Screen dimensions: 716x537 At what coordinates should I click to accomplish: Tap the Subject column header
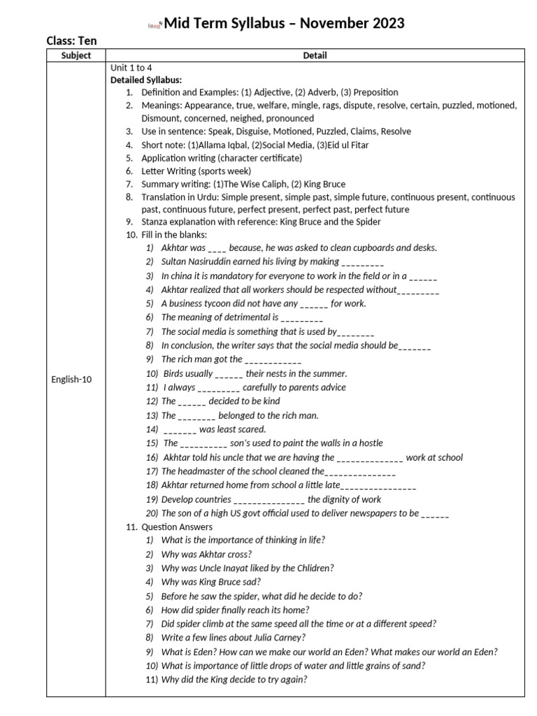(x=76, y=55)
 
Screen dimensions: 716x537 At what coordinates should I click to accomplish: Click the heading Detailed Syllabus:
(x=146, y=80)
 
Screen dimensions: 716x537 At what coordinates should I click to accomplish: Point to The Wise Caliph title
(x=254, y=185)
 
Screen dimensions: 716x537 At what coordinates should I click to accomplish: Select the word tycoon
(x=217, y=303)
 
